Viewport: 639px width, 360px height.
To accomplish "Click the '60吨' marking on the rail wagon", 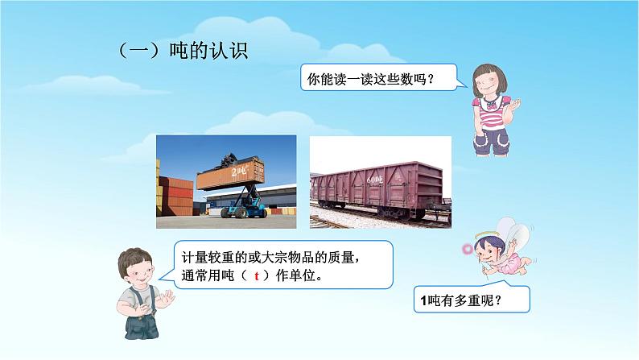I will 376,178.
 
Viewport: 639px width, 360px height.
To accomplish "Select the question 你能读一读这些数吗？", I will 372,79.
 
